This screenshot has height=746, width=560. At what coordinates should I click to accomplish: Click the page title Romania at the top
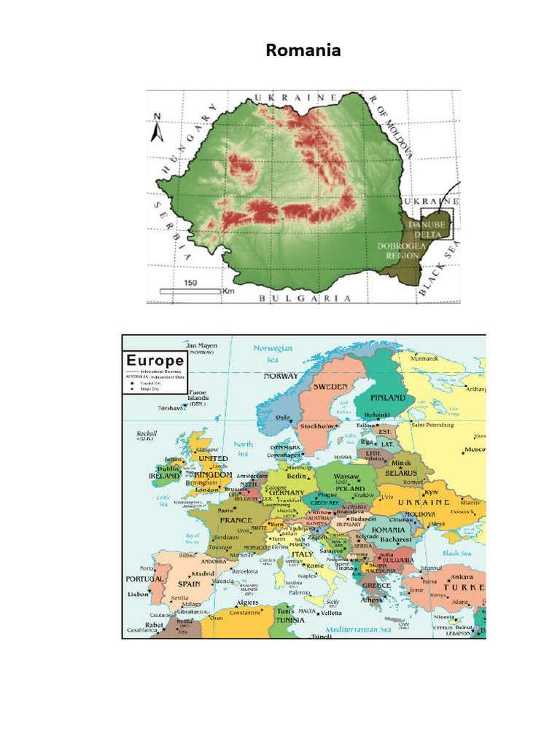click(303, 51)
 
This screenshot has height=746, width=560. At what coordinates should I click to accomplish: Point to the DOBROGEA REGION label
click(398, 251)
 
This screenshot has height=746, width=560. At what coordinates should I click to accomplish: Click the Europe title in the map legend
click(155, 361)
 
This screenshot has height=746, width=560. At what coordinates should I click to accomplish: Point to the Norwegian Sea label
click(273, 353)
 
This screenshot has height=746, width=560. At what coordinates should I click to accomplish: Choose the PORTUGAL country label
click(145, 579)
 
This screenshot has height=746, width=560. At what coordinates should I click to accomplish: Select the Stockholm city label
click(316, 425)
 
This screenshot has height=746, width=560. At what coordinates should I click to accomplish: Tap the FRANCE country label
click(236, 520)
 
